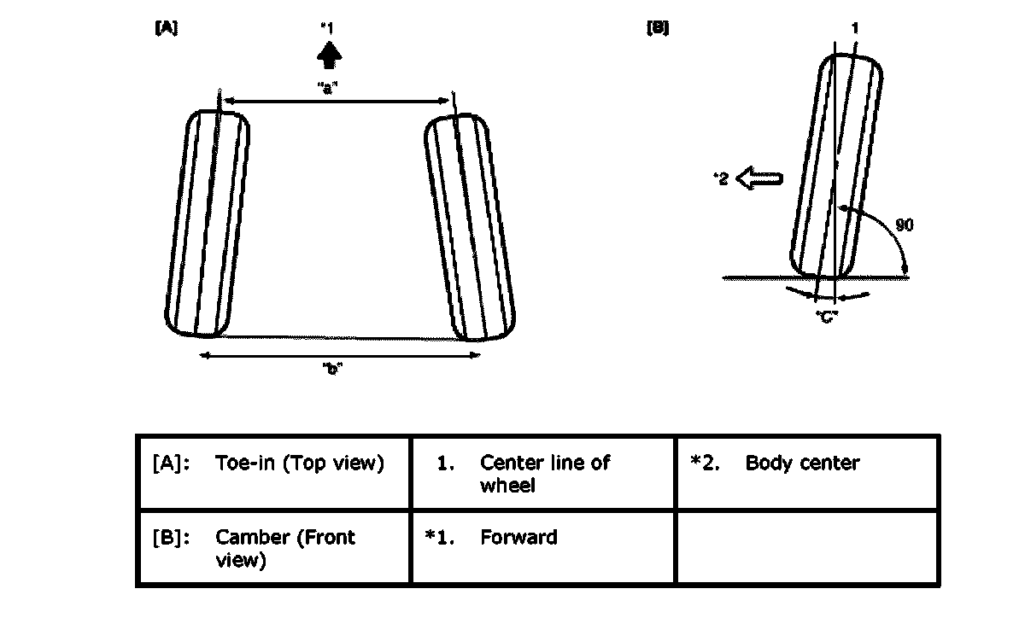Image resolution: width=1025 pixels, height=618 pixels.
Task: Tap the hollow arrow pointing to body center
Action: pyautogui.click(x=759, y=179)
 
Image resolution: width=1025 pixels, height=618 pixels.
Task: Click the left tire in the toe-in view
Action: pyautogui.click(x=207, y=224)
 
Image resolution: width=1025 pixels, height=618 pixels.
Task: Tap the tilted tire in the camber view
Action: pyautogui.click(x=835, y=167)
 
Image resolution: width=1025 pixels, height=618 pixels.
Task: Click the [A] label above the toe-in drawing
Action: pyautogui.click(x=166, y=28)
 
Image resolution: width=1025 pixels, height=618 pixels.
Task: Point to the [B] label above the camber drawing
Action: pyautogui.click(x=658, y=28)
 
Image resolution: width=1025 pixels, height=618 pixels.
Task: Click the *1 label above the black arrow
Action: pyautogui.click(x=325, y=28)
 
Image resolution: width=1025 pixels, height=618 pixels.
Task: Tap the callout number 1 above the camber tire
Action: pyautogui.click(x=855, y=28)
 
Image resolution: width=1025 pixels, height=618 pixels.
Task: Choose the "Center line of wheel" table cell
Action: pyautogui.click(x=543, y=472)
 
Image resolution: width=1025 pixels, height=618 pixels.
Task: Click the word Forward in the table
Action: pyautogui.click(x=518, y=538)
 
